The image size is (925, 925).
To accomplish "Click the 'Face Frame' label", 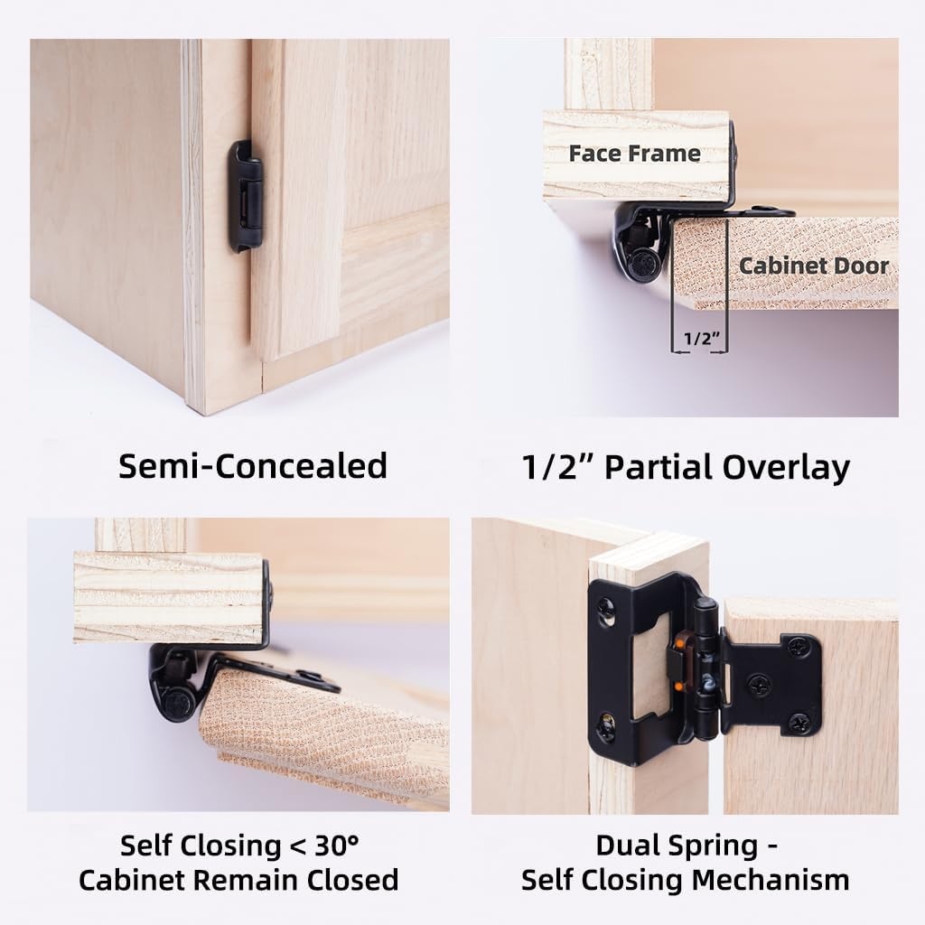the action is coord(635,154).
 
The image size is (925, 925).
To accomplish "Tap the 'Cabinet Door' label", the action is coord(814,266).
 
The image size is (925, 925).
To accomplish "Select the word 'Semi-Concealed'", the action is coord(253,466).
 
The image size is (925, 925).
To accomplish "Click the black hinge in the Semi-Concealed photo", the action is coord(246,196).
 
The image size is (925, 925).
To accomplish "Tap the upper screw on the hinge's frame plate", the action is coord(606,605).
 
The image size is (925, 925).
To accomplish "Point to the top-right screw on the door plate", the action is coord(799,648).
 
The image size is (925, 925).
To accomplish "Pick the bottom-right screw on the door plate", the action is coord(800,722).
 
